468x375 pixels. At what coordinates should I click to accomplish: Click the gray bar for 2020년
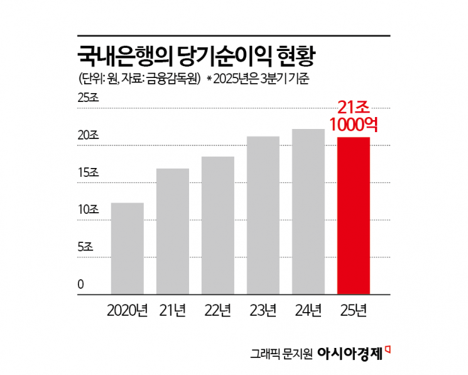click(127, 249)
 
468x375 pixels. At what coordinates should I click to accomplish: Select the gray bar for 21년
click(172, 232)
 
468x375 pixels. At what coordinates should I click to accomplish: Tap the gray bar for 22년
click(217, 225)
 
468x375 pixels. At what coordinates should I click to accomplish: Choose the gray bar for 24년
click(308, 211)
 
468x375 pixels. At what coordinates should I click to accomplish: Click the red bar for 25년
click(354, 216)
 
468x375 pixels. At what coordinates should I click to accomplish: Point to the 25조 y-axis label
click(88, 98)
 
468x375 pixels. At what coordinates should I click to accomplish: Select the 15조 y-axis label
click(88, 172)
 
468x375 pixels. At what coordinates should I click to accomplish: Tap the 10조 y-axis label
click(88, 210)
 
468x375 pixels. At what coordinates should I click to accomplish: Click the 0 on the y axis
click(80, 284)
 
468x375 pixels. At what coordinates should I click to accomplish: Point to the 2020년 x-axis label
click(128, 310)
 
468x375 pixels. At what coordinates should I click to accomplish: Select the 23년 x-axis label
click(263, 310)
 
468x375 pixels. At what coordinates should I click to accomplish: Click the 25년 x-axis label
click(354, 310)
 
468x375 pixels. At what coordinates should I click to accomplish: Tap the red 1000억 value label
click(354, 125)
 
